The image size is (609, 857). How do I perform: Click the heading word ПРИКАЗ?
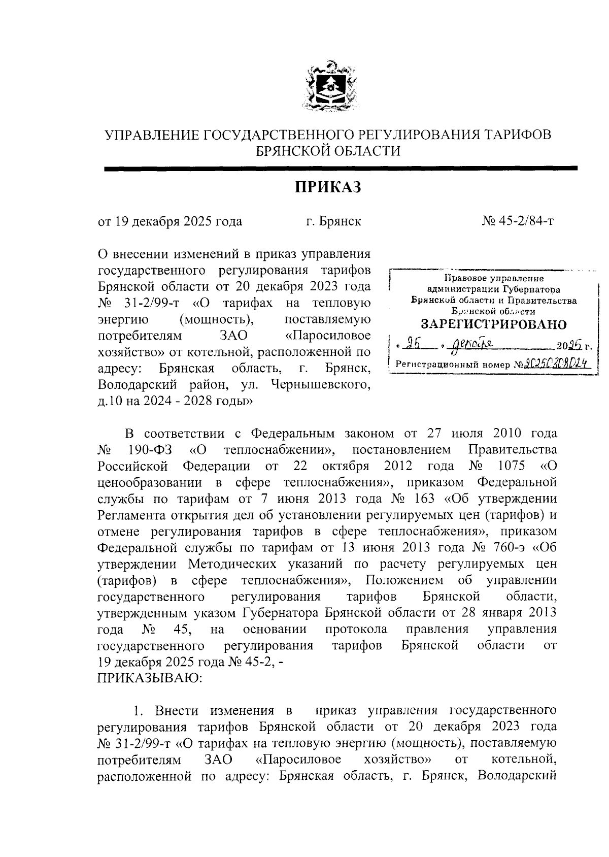tap(328, 187)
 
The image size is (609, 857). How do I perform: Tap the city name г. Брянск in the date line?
tap(333, 221)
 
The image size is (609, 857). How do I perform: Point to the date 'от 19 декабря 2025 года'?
tap(170, 221)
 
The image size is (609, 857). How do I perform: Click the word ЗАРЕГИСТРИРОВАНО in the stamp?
tap(494, 324)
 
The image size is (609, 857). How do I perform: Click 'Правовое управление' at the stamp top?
tap(494, 278)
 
